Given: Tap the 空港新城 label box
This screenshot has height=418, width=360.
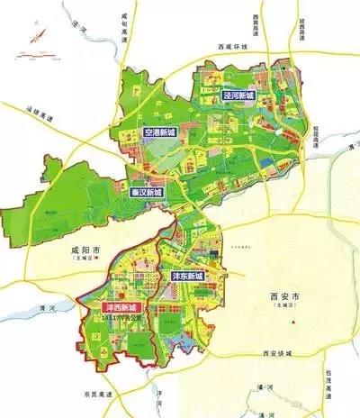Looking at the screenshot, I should [x=163, y=133].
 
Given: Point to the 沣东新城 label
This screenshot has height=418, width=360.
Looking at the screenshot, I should [x=188, y=275].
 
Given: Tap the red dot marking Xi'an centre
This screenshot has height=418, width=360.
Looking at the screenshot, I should [x=292, y=322].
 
